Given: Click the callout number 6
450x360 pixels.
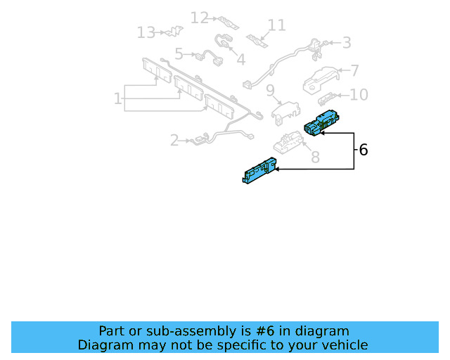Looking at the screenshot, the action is (x=364, y=150).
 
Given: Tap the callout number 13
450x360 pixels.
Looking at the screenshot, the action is (x=146, y=32).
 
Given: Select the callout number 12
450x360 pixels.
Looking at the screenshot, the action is (x=200, y=18).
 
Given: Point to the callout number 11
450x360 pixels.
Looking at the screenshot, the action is (x=276, y=25).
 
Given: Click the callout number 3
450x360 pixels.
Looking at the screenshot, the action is (x=347, y=43).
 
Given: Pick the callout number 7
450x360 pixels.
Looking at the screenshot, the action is (x=354, y=70).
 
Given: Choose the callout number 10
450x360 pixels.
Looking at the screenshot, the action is (x=359, y=95).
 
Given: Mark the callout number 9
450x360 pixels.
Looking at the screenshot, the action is (x=270, y=91).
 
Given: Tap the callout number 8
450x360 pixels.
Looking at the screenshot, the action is (x=316, y=157).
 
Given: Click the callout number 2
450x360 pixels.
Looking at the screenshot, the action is (x=174, y=141).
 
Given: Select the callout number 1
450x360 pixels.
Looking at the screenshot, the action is (x=117, y=98).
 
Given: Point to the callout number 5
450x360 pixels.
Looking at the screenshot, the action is (x=179, y=54).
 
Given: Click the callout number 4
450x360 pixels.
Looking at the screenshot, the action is (x=240, y=60).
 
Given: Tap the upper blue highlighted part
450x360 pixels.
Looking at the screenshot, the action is (x=322, y=122).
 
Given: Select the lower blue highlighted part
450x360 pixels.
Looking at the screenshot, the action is (x=259, y=170).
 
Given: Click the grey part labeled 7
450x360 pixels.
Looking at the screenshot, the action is (x=321, y=80).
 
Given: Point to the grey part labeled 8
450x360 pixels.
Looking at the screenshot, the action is (x=288, y=142).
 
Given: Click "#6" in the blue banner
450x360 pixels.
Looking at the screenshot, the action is (x=265, y=331).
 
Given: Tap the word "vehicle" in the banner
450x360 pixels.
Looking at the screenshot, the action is (x=349, y=345).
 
